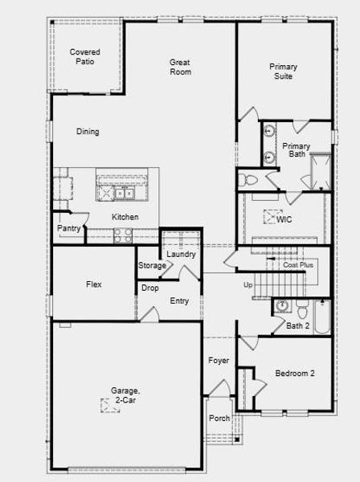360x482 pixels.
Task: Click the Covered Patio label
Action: [x=85, y=56]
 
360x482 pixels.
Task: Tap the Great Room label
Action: [x=180, y=67]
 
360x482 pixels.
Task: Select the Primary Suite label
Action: [x=281, y=71]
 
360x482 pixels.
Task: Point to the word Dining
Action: [x=88, y=132]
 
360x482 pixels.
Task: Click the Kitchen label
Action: [x=125, y=217]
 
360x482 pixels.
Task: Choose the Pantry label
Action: [x=68, y=229]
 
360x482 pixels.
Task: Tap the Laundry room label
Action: [x=181, y=255]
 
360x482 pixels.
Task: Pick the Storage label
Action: [x=152, y=266]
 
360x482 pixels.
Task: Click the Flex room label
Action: [x=94, y=284]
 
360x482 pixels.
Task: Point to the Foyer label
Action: [x=219, y=361]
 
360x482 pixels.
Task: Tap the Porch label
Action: [x=219, y=419]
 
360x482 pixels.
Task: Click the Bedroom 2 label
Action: [x=295, y=374]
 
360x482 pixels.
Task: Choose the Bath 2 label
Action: [x=297, y=325]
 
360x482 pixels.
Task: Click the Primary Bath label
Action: [x=296, y=150]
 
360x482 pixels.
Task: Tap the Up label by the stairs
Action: [x=247, y=285]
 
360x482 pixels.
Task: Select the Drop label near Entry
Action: [x=150, y=288]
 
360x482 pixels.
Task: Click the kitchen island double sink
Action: [x=122, y=194]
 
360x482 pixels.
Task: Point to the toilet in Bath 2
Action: [x=301, y=308]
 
